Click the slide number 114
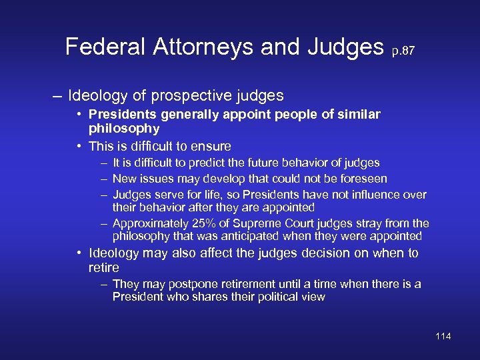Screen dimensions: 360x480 click(443, 336)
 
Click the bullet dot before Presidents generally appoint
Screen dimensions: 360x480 click(79, 115)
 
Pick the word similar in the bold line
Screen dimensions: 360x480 click(355, 115)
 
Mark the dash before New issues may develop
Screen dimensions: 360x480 click(105, 179)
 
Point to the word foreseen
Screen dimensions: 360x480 click(364, 179)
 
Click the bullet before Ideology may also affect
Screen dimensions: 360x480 click(79, 253)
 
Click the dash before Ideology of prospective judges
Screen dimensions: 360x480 click(58, 95)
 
